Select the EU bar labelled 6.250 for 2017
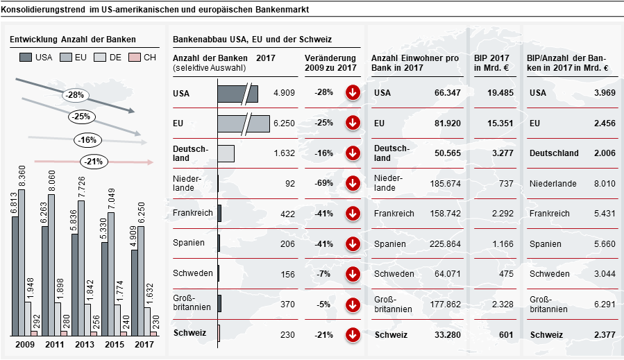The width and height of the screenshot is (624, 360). coord(141,280)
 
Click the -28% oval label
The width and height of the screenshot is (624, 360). coord(76,95)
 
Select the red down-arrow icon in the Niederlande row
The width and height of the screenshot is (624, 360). coord(353,183)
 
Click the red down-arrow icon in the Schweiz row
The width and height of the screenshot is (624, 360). coord(353,334)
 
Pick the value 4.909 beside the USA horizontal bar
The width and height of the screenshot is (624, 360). coord(285,92)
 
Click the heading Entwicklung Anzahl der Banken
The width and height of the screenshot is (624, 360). coord(73,40)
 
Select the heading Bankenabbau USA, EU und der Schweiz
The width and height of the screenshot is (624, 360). coord(252,40)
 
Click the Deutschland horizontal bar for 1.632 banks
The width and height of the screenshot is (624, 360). coord(226,153)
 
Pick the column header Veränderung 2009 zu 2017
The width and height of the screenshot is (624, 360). coord(330,63)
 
